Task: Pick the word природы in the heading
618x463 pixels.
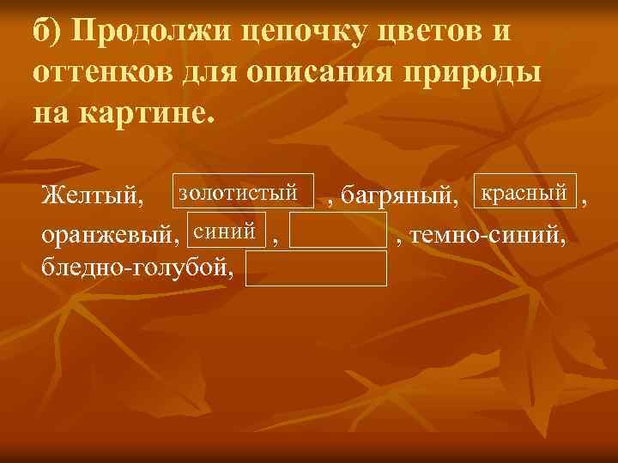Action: point(469,73)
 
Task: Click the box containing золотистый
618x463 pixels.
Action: point(244,194)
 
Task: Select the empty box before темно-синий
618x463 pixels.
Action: point(338,231)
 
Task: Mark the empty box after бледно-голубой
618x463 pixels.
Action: point(316,268)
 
